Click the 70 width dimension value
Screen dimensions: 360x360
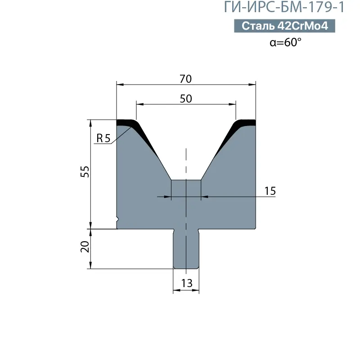(x=185, y=79)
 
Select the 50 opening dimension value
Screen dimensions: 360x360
(x=186, y=99)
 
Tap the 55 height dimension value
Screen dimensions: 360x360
(x=85, y=171)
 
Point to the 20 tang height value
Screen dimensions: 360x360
(x=85, y=247)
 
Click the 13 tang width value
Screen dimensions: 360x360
(x=187, y=283)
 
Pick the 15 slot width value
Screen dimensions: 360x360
(x=270, y=191)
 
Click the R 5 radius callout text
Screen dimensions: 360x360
(x=103, y=138)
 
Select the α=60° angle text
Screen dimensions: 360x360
(x=285, y=42)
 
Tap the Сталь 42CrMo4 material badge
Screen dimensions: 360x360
(x=284, y=26)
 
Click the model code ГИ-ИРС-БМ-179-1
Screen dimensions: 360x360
(x=284, y=7)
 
